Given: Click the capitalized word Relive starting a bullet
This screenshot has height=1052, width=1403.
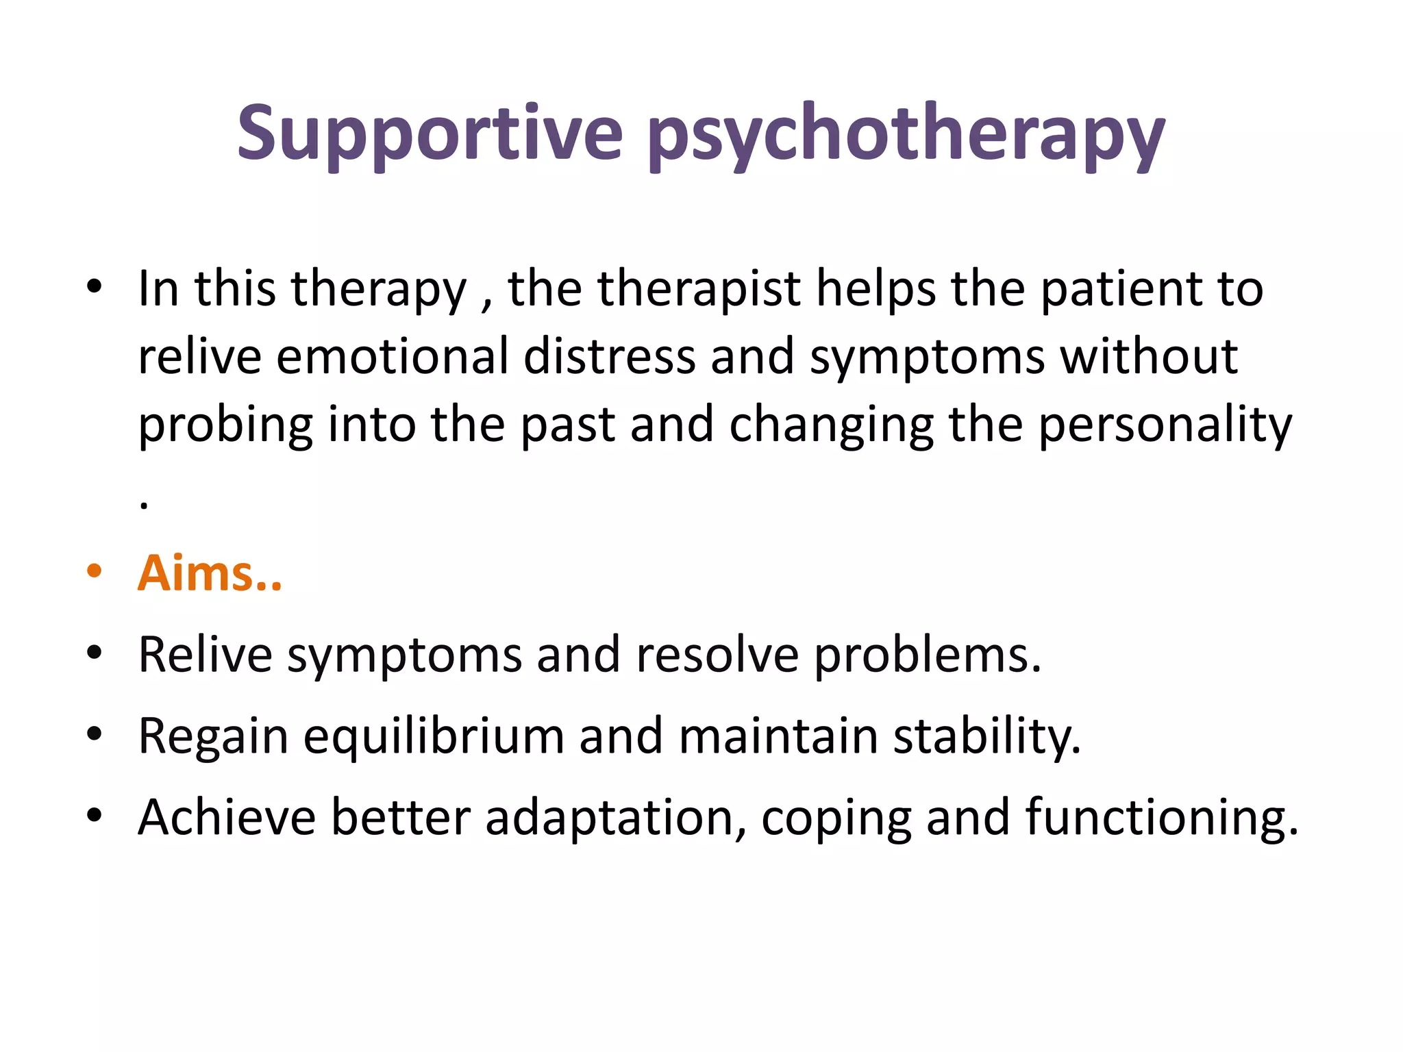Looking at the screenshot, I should tap(205, 655).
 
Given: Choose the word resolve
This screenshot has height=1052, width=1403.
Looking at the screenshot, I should tap(717, 655).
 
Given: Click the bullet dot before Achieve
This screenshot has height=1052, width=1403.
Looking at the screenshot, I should tap(95, 815).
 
